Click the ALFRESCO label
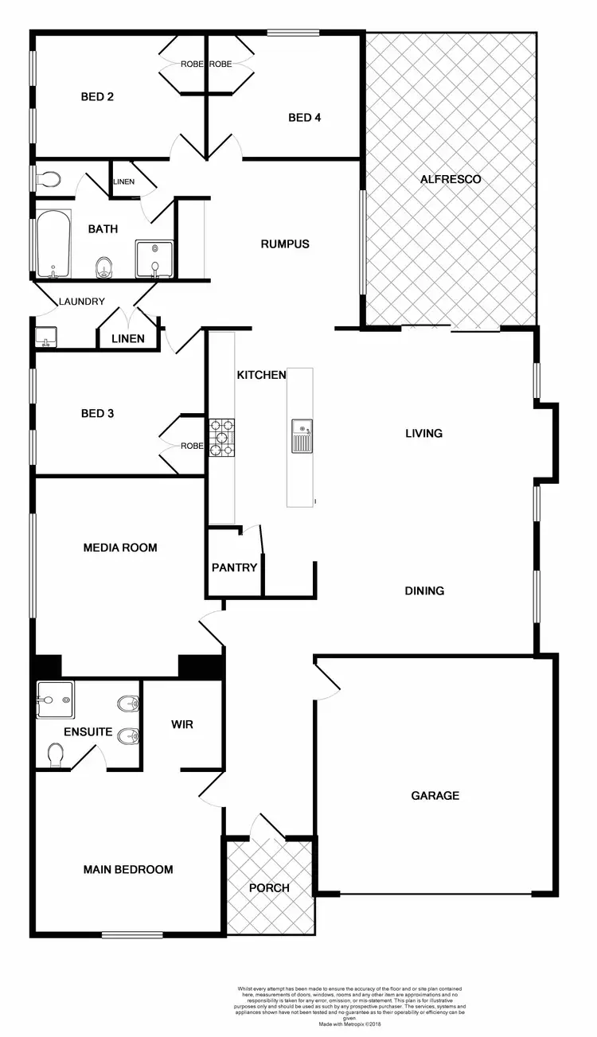[x=450, y=179]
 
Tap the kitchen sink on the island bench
[x=302, y=435]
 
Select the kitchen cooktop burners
[x=221, y=438]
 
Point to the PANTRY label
[x=234, y=567]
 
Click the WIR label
[x=182, y=725]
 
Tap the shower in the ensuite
[x=55, y=699]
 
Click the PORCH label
[x=270, y=887]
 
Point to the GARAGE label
[x=435, y=795]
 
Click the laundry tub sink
[x=45, y=338]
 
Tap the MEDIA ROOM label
[x=120, y=548]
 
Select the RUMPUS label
[x=284, y=244]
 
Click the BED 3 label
[x=97, y=413]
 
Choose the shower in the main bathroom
[x=154, y=259]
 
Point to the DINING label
[x=424, y=591]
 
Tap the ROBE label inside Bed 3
[x=192, y=446]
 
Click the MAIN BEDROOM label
[x=128, y=869]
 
